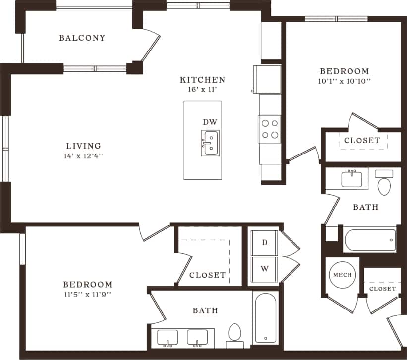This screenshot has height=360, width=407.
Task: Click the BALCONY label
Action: pyautogui.click(x=82, y=38)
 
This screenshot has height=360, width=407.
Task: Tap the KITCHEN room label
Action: pyautogui.click(x=202, y=80)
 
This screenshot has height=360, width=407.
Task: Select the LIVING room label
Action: pyautogui.click(x=84, y=146)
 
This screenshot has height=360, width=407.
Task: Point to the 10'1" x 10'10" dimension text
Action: pyautogui.click(x=344, y=81)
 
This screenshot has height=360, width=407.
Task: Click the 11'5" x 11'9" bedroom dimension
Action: pyautogui.click(x=87, y=294)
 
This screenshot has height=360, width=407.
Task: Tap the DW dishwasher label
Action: pyautogui.click(x=210, y=122)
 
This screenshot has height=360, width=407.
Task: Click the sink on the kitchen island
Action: pyautogui.click(x=210, y=143)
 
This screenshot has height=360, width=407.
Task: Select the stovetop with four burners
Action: pyautogui.click(x=269, y=129)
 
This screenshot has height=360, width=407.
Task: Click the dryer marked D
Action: pyautogui.click(x=265, y=243)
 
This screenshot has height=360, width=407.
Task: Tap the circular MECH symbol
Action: pyautogui.click(x=343, y=275)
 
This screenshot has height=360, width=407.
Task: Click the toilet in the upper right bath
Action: pyautogui.click(x=384, y=185)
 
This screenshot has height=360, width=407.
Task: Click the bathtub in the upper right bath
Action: pyautogui.click(x=370, y=240)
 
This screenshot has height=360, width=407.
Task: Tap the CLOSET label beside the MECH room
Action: pyautogui.click(x=382, y=288)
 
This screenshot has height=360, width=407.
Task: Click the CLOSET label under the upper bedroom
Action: pyautogui.click(x=362, y=140)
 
